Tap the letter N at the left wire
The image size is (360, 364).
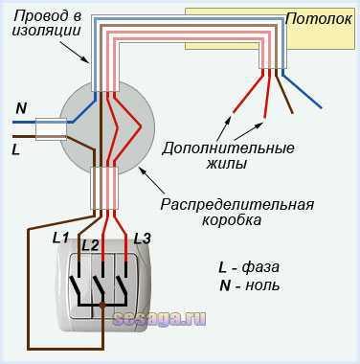click(21, 110)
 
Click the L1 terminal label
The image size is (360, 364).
click(60, 237)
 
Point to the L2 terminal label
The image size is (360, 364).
click(91, 245)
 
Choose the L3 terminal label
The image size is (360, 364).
click(143, 238)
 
